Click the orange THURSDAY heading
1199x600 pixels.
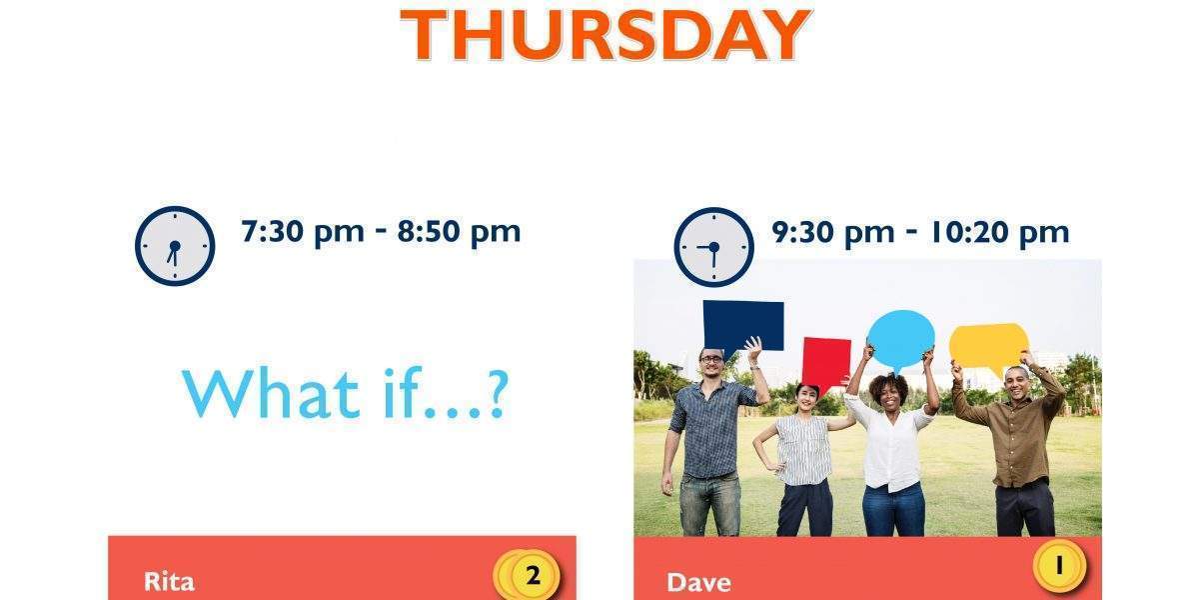[x=605, y=35]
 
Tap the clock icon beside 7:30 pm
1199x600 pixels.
[x=175, y=246]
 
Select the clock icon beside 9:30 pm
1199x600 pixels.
[x=714, y=247]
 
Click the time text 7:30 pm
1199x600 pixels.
[x=303, y=232]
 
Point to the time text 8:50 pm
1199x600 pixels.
[x=459, y=232]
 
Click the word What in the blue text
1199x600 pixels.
[x=271, y=393]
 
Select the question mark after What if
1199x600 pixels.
[x=498, y=394]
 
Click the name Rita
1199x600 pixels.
[x=169, y=582]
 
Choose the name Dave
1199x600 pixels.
[x=698, y=583]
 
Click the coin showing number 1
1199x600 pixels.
[x=1059, y=566]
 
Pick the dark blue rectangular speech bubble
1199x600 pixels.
[x=743, y=326]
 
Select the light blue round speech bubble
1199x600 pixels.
[x=901, y=339]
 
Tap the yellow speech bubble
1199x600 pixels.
[x=988, y=347]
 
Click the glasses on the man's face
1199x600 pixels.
[x=711, y=359]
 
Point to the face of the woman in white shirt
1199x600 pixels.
[x=890, y=395]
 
